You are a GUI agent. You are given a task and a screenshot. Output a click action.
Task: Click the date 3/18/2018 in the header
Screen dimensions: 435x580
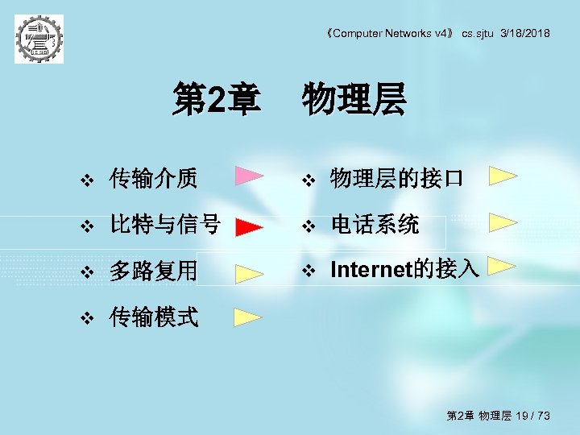point(525,33)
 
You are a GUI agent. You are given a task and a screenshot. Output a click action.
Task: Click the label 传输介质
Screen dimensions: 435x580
point(153,178)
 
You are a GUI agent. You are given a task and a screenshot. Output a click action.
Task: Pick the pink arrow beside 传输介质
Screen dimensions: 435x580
point(250,176)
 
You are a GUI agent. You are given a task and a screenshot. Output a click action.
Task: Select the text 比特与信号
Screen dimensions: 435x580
point(165,225)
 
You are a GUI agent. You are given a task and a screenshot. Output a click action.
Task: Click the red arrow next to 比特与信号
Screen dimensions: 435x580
point(250,227)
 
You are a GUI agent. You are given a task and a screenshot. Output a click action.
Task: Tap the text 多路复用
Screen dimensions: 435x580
point(153,271)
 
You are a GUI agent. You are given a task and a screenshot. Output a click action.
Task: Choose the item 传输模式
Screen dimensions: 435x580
point(153,317)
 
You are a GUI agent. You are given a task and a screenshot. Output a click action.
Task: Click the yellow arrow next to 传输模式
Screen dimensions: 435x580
point(248,316)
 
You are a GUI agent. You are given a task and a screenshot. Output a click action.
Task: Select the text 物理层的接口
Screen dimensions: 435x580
point(396,178)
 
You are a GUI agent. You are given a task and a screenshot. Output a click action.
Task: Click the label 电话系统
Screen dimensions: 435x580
point(375,225)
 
